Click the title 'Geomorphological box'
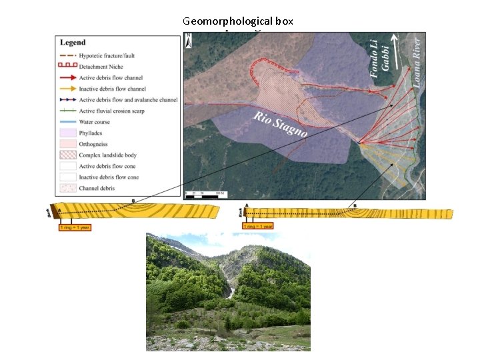(238, 21)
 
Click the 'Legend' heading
(73, 43)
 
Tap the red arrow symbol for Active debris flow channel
(67, 77)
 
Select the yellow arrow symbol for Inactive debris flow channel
(67, 89)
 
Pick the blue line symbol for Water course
(67, 122)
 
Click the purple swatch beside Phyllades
(67, 133)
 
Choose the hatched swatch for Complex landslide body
(67, 155)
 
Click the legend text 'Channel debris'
(97, 188)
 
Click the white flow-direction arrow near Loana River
(398, 47)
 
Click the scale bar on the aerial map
(204, 194)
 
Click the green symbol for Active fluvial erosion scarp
(67, 111)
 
